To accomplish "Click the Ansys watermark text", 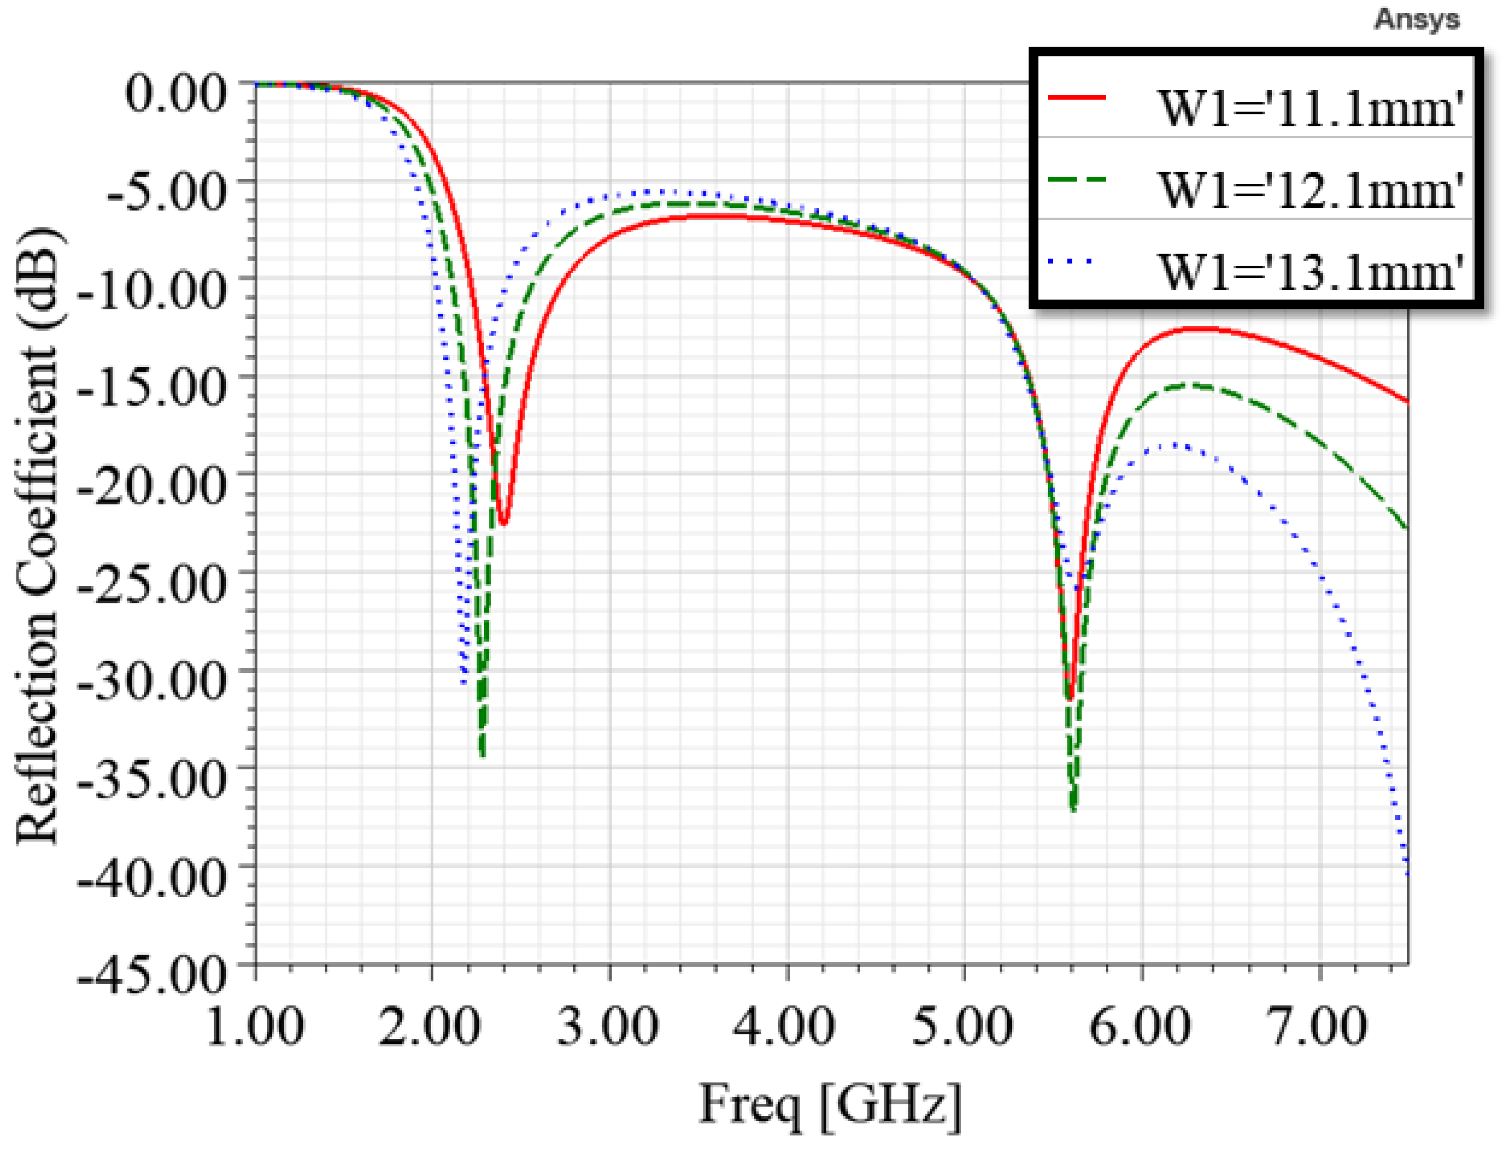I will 1417,19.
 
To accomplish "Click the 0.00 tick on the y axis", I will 175,92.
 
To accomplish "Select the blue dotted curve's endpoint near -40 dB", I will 1406,871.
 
